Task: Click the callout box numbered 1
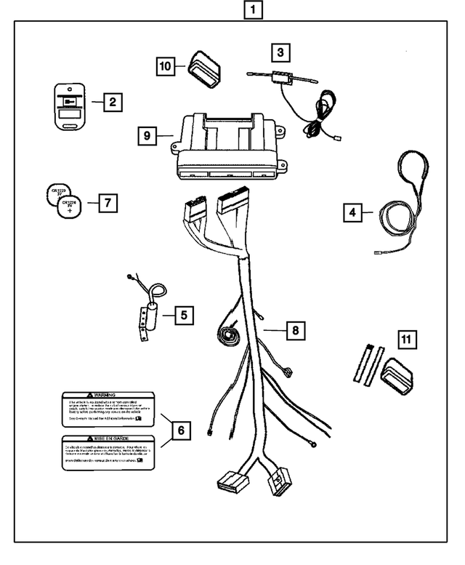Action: (251, 10)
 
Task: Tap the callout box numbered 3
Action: (280, 53)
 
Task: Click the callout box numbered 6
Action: (181, 431)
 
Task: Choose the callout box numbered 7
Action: (107, 203)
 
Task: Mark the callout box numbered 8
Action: (295, 331)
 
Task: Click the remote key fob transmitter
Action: (70, 106)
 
